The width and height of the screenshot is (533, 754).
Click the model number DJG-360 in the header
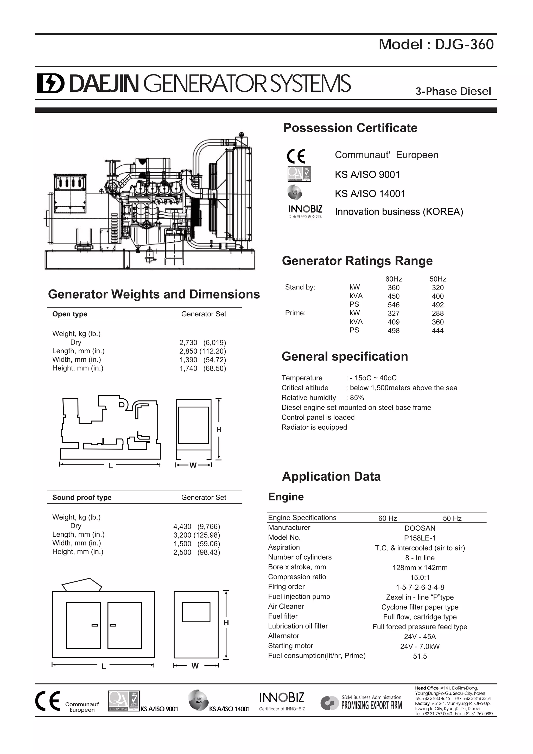[464, 45]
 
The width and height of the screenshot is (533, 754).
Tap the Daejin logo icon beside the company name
[50, 83]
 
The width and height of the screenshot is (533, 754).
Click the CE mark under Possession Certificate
[296, 156]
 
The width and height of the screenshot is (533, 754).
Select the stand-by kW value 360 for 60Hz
[394, 288]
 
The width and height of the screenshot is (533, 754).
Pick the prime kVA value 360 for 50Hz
[437, 322]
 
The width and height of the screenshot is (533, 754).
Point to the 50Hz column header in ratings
[437, 279]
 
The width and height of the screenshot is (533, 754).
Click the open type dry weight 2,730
[188, 343]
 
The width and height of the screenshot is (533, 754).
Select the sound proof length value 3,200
[182, 535]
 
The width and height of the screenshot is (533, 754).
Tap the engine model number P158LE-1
[420, 538]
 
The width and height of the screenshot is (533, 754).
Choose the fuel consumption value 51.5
[420, 656]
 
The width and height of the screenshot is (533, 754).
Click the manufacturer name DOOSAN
[420, 528]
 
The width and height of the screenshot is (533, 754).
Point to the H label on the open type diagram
[219, 430]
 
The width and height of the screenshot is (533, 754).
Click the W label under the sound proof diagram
[195, 666]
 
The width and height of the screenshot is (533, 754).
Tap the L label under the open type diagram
[111, 466]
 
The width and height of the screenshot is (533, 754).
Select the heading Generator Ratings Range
[357, 261]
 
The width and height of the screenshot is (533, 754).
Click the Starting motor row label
[290, 646]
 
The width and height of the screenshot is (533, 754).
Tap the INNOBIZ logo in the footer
[282, 698]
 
